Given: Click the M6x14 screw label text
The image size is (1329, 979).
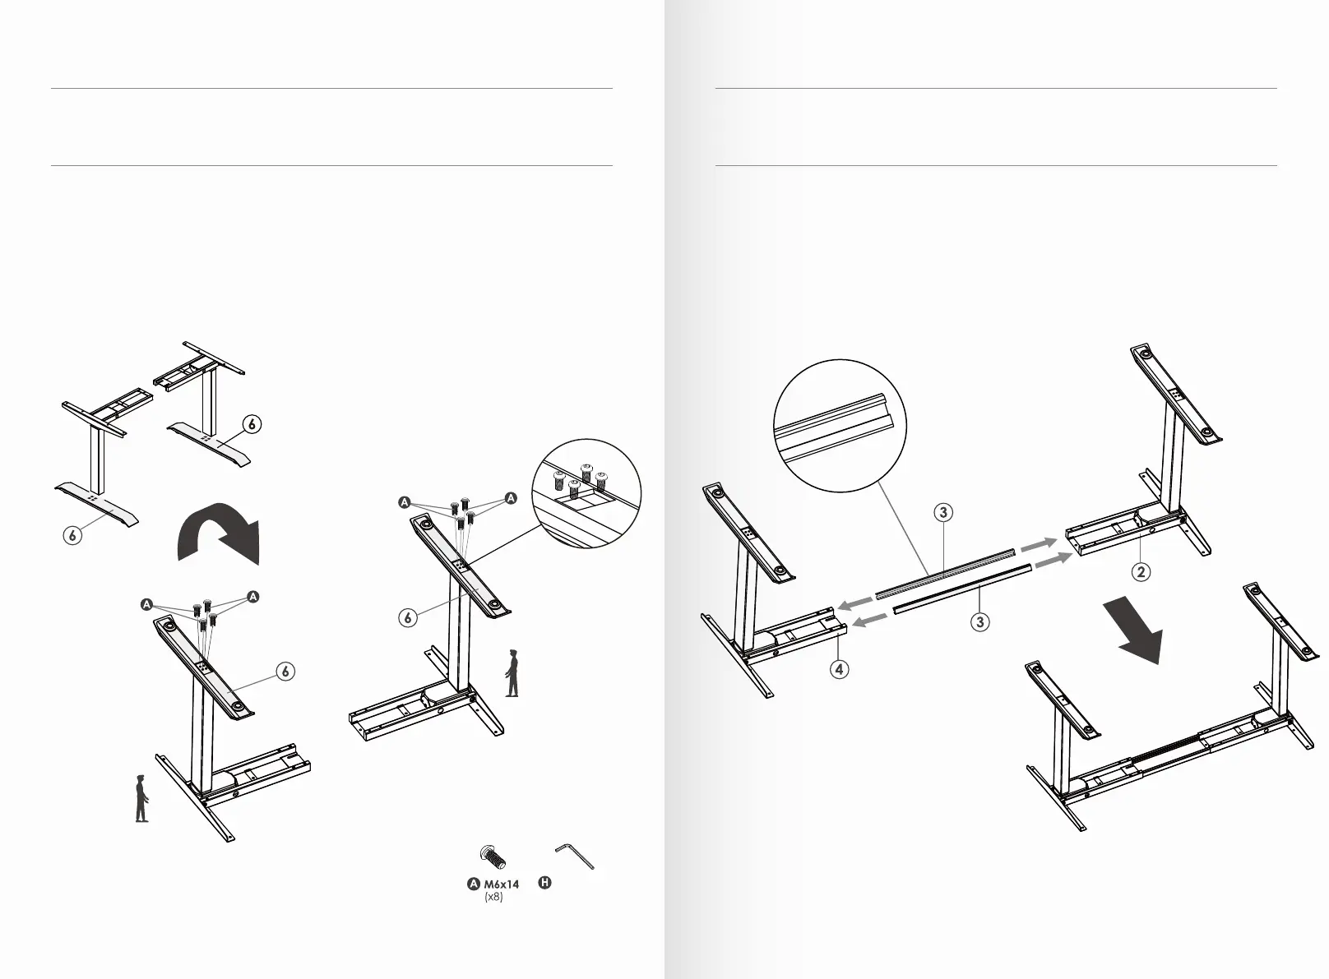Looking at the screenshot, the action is pos(501,884).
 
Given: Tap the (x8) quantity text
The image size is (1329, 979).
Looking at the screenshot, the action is pos(493,897).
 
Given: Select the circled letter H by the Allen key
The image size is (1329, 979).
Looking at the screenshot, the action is pos(544,884).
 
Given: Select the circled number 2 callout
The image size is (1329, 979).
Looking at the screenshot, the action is pos(1141,572).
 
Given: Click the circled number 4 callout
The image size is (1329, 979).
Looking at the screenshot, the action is pos(839,669).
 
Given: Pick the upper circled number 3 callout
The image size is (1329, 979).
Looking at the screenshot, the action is pos(943,513).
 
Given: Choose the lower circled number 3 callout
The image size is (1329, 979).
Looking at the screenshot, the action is pos(979,622).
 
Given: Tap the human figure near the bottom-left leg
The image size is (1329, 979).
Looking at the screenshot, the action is pos(141,798).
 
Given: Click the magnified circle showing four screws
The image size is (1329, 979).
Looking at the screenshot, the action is pos(586,495).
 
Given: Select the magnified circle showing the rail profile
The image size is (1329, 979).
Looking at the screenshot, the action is pos(840,426).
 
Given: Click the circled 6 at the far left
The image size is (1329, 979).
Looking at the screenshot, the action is pos(73,535).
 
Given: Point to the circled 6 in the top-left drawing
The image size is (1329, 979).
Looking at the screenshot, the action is pos(252,424).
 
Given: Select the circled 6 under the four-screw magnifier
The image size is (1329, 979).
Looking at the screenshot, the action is pos(408,618).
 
